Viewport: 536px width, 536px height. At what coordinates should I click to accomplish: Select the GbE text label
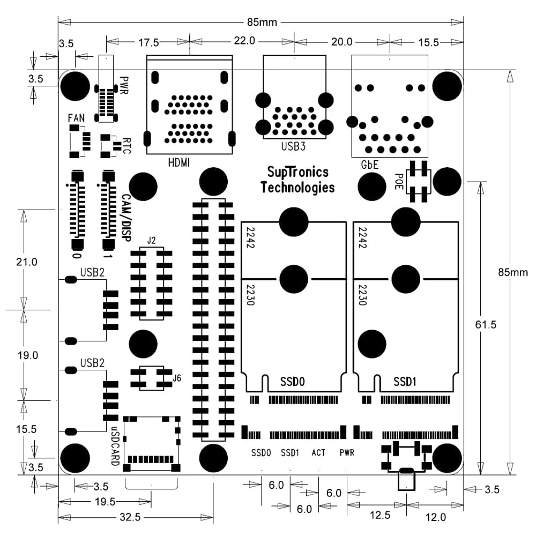370,165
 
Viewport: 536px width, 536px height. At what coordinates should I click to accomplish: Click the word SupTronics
297,172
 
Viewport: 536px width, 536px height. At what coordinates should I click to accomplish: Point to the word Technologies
297,187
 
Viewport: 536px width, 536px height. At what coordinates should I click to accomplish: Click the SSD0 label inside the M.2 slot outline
293,382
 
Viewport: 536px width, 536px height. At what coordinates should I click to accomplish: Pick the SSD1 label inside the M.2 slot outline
406,382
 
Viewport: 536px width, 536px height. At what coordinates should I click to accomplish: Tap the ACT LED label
318,453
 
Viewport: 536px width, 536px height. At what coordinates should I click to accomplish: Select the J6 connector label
177,378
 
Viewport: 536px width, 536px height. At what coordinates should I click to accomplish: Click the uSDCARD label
115,444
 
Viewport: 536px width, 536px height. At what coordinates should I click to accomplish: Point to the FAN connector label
76,118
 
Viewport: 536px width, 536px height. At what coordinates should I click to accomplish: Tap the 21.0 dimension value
26,262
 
